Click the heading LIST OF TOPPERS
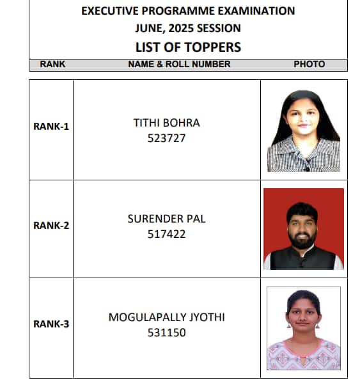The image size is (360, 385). click(x=188, y=47)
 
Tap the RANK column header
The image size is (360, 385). click(x=52, y=64)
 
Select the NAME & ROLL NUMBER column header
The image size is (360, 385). click(x=179, y=64)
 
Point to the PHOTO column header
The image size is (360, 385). click(x=309, y=64)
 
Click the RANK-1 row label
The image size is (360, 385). click(x=51, y=126)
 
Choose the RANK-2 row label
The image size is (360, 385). click(x=51, y=225)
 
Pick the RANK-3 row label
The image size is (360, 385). click(x=51, y=324)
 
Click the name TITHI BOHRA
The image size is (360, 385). click(x=166, y=122)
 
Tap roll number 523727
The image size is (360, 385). click(x=166, y=137)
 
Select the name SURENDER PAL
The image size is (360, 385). click(x=166, y=219)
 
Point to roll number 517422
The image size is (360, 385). click(x=166, y=234)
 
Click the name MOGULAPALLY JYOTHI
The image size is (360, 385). click(x=166, y=317)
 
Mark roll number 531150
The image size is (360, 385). click(x=166, y=333)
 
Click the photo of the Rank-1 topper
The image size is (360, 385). click(x=304, y=130)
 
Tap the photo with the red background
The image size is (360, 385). click(x=304, y=228)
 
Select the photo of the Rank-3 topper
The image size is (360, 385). click(x=304, y=327)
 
